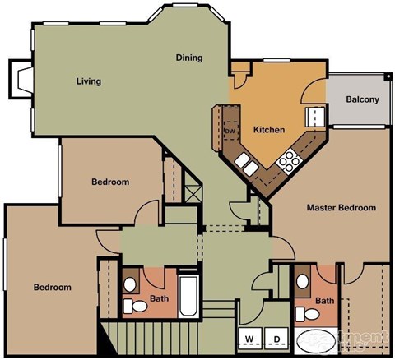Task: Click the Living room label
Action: tap(88, 81)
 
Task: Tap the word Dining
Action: tap(189, 58)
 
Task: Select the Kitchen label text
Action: tap(269, 130)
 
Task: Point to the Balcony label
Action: tap(362, 101)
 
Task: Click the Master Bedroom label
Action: tap(341, 208)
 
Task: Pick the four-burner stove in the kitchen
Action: tap(289, 159)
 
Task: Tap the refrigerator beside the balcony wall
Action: tap(314, 115)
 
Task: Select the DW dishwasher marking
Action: tap(230, 131)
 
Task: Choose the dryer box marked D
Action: tap(276, 339)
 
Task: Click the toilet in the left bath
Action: tap(136, 306)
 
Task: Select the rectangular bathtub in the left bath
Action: tap(188, 297)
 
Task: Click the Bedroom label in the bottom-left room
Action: tap(52, 288)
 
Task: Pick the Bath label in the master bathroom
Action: tap(325, 301)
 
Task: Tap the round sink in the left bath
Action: tap(130, 284)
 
